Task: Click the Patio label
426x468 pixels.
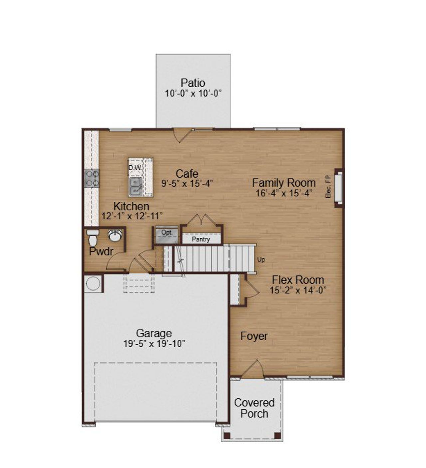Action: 193,83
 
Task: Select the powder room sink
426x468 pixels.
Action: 115,235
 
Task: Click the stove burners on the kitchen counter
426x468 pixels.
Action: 92,178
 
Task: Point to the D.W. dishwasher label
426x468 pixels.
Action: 135,168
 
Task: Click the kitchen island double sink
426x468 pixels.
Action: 135,187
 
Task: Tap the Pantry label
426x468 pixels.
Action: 201,239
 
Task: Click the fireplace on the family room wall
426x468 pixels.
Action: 338,187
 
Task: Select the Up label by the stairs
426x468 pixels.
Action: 261,259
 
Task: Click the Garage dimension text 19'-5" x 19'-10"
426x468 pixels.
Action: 154,344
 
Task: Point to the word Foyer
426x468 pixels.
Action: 254,336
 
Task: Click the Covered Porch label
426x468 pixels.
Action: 254,408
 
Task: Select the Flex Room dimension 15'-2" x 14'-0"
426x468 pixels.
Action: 298,290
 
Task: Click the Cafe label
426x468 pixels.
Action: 187,173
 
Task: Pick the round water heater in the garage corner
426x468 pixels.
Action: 93,284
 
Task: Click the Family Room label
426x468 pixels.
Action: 284,183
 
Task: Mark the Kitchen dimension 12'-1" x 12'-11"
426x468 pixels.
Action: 132,216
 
